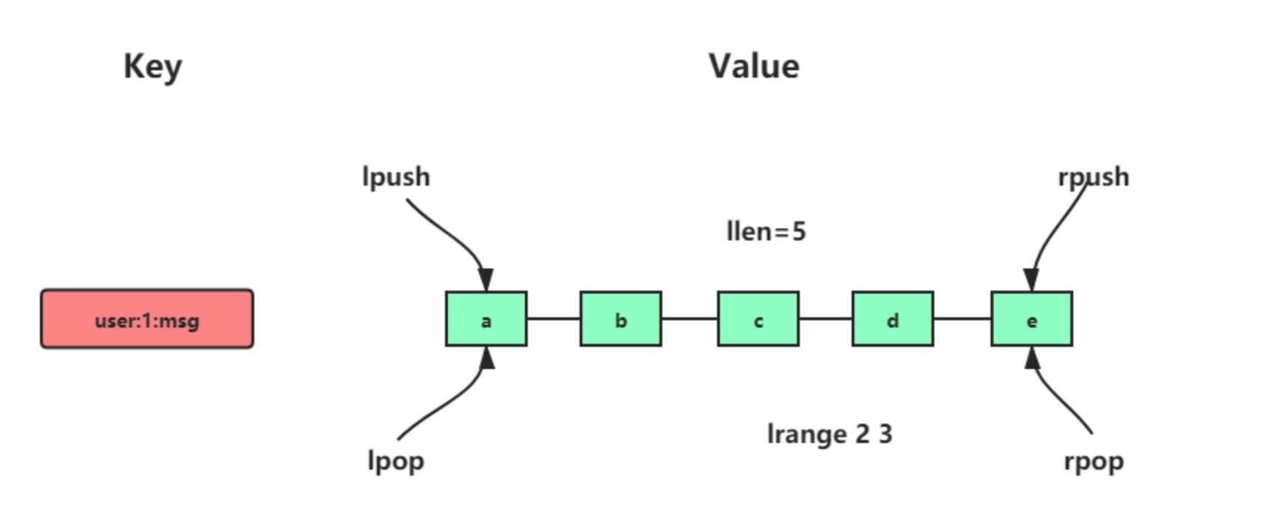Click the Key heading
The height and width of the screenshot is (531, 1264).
152,67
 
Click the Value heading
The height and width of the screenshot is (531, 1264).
754,67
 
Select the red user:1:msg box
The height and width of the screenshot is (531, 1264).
147,319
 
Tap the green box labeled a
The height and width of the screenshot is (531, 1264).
486,319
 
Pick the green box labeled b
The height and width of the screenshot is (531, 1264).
620,319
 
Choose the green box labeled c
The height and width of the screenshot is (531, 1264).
758,319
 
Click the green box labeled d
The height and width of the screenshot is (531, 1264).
892,319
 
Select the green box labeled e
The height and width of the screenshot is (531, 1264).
1031,319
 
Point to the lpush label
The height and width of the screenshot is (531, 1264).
395,177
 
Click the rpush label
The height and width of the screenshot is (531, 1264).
1093,177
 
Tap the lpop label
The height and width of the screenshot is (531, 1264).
395,460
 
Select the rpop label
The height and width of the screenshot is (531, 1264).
1093,461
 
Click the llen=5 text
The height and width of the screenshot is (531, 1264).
766,231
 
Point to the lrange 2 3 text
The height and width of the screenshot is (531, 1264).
829,433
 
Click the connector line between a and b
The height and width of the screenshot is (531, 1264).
553,319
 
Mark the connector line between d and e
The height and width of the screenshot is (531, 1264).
962,319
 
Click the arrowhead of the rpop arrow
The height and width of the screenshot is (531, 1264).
1033,358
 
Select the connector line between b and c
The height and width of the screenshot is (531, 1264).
689,319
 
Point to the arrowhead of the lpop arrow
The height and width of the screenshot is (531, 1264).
486,358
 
